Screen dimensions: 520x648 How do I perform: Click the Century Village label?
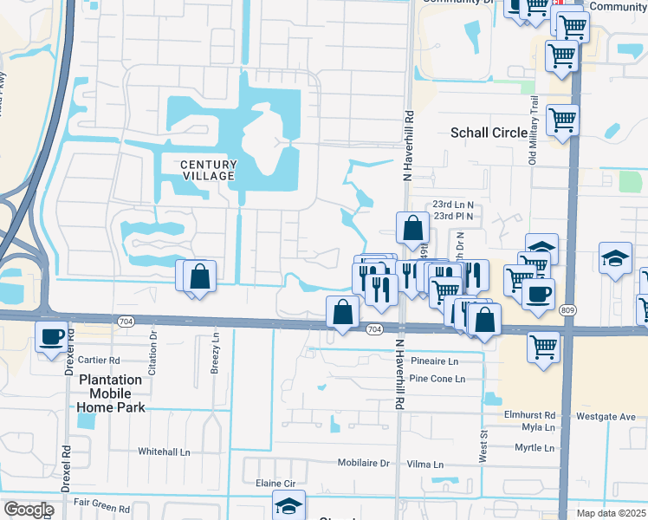[x=208, y=170]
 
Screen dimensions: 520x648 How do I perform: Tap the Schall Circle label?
[x=489, y=133]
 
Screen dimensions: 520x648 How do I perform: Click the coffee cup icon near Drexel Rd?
[x=51, y=335]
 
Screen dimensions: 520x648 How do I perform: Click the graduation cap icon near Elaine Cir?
[x=288, y=505]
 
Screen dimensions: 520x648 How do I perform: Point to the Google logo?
[x=29, y=509]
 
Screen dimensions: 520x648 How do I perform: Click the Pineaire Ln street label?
[x=434, y=361]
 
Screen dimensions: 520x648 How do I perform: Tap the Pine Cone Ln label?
[x=437, y=379]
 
